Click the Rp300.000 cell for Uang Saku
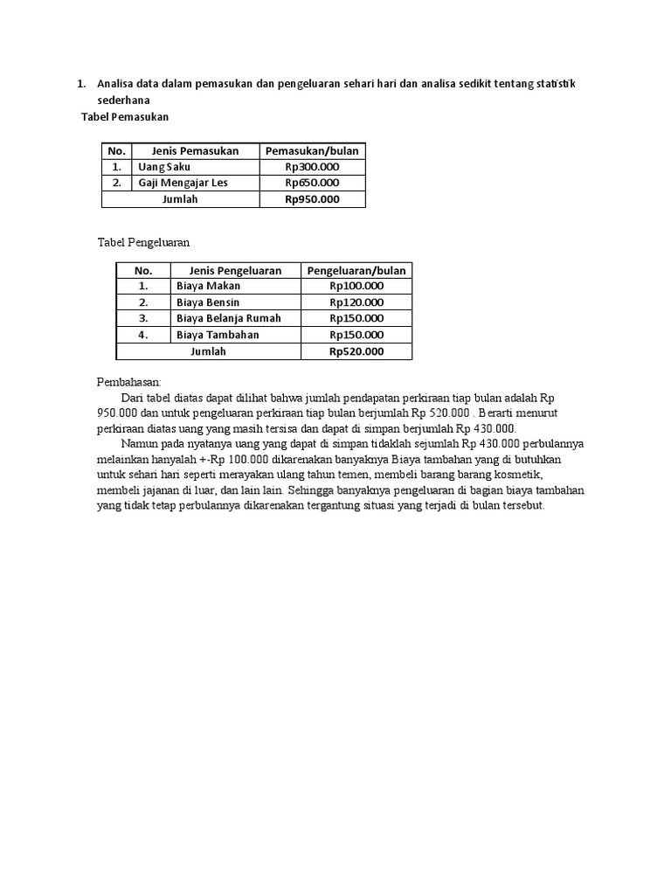coord(312,167)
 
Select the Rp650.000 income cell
coord(312,183)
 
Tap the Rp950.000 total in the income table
coord(312,199)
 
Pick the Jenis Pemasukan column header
coord(195,150)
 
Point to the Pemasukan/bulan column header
coord(312,150)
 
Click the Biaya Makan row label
coord(208,286)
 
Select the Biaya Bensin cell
coord(208,302)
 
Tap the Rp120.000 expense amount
coord(356,302)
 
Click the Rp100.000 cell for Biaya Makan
coord(356,286)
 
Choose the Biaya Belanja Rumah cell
coord(229,318)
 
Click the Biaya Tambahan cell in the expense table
coord(218,335)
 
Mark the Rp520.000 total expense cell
coord(356,351)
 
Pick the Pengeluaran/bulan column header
coord(356,271)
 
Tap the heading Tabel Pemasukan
coord(124,116)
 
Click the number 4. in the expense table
coord(143,335)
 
